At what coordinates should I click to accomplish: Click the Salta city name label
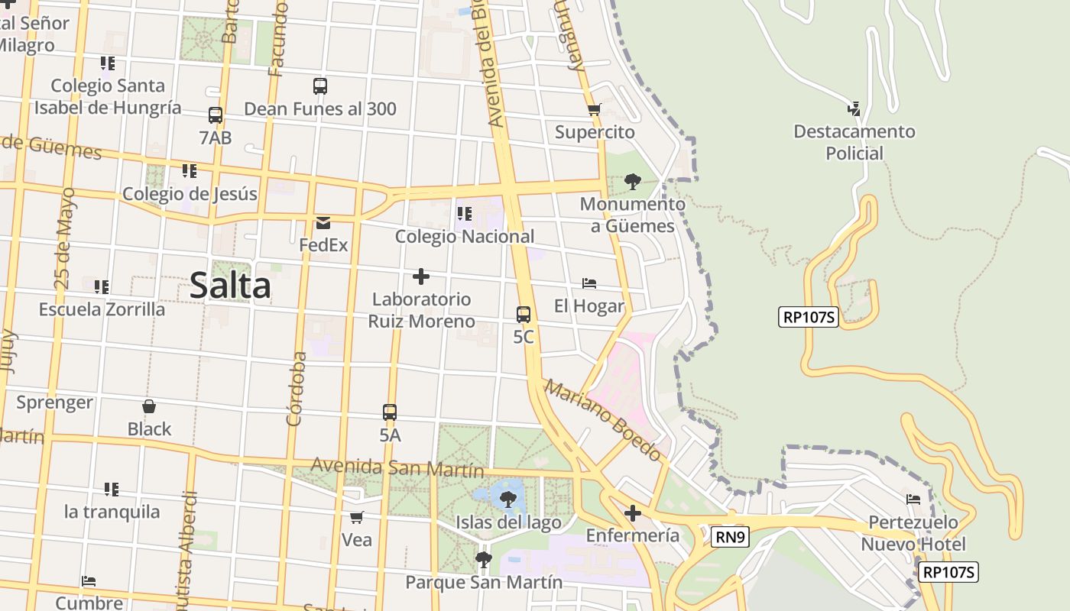tap(229, 286)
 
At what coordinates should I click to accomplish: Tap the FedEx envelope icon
tap(323, 223)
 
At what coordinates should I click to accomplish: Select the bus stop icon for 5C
tap(524, 314)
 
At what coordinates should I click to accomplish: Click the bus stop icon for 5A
tap(390, 412)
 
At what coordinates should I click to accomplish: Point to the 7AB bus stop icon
tap(216, 115)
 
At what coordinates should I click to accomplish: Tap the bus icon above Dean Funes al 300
tap(320, 86)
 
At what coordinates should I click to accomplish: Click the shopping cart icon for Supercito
tap(595, 109)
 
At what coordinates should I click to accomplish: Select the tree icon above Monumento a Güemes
tap(632, 181)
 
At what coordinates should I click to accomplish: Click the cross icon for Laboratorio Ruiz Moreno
tap(421, 276)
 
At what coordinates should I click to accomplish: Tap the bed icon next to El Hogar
tap(589, 283)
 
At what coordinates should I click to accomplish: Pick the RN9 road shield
tap(730, 537)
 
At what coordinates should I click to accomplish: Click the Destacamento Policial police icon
tap(854, 109)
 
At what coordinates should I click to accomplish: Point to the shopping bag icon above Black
tap(149, 406)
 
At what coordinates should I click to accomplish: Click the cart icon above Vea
tap(356, 518)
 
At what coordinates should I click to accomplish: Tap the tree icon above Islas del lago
tap(507, 500)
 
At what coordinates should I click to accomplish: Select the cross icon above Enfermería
tap(632, 513)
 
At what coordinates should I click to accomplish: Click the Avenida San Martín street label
tap(397, 466)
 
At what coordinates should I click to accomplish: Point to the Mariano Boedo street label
tap(603, 420)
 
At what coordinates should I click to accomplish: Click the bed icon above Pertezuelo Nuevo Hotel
tap(913, 499)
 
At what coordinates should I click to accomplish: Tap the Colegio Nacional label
tap(465, 237)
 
